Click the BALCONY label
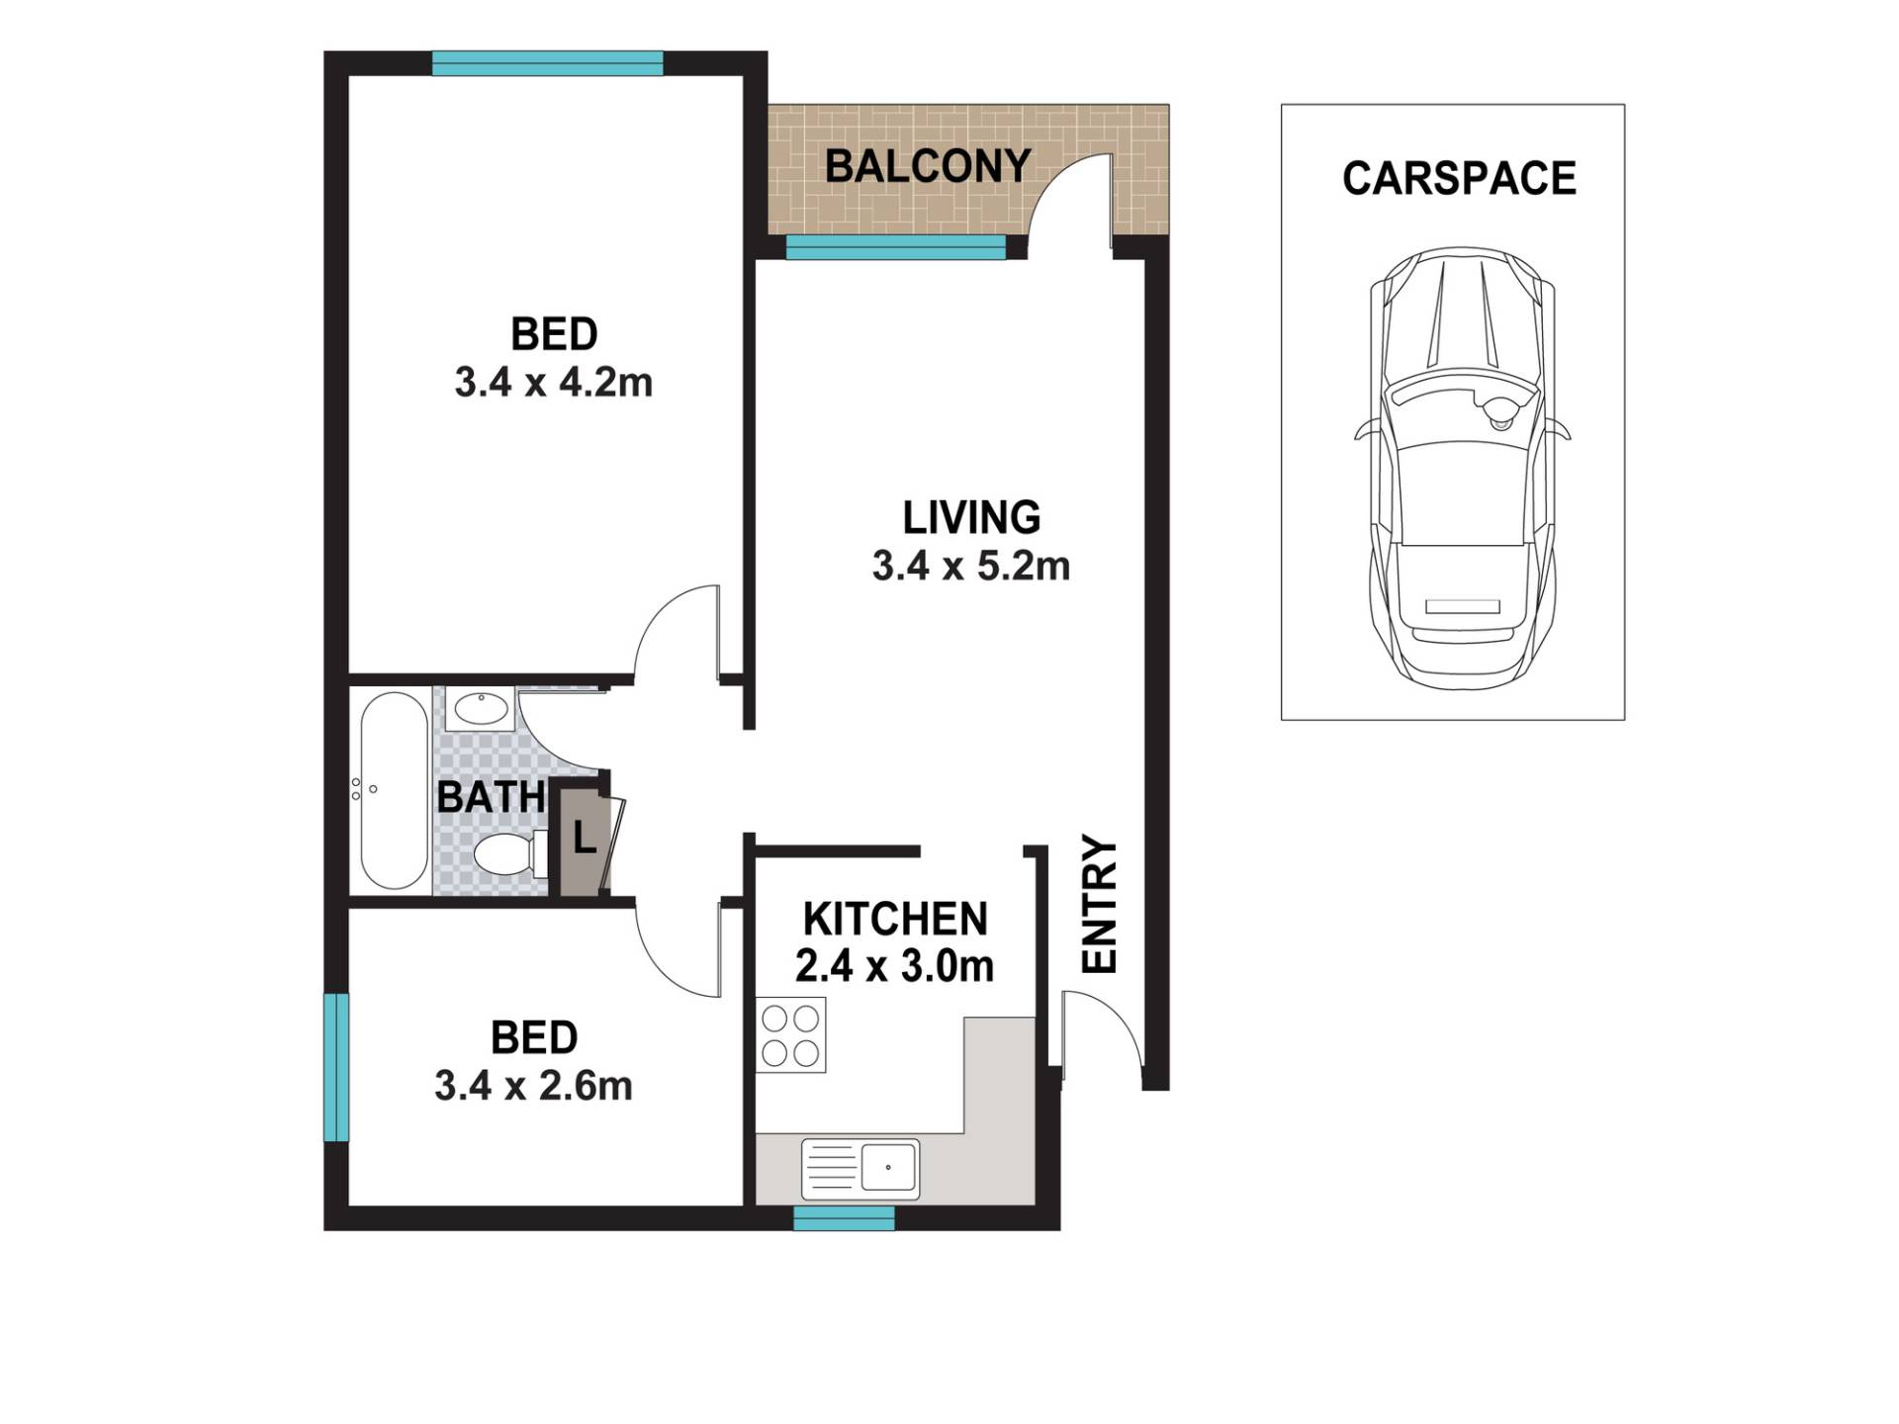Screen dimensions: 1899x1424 (928, 166)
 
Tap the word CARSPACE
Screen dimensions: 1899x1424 (1459, 178)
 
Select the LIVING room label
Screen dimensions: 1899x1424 (971, 518)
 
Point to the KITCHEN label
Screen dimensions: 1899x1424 (895, 920)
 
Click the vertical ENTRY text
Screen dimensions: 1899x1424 (1099, 905)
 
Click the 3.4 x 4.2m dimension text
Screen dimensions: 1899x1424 (554, 383)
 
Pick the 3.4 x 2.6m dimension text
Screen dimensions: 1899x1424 (534, 1087)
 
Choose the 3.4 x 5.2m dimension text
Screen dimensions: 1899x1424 (971, 567)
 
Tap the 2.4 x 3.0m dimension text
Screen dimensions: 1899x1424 (895, 967)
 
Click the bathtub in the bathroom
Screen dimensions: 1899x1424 (394, 790)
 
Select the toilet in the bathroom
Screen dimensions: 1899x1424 (510, 854)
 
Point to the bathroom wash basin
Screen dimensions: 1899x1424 (481, 709)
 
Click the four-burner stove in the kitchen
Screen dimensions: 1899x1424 (791, 1035)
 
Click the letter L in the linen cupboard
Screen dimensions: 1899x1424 (585, 840)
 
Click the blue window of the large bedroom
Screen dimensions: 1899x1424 (548, 63)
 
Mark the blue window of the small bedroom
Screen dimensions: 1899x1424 (336, 1067)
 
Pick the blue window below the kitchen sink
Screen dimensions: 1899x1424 (845, 1218)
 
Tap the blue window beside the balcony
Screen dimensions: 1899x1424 (896, 247)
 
